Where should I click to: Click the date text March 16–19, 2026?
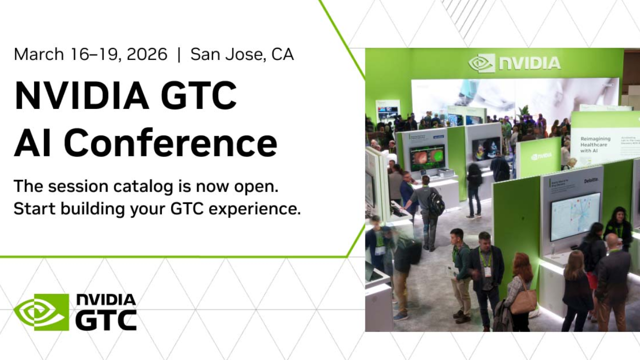tap(90, 54)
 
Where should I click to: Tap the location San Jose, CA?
tap(242, 54)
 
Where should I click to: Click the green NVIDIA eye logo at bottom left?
tap(41, 312)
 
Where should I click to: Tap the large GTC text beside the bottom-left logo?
tap(106, 320)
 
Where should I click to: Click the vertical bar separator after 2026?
tap(179, 54)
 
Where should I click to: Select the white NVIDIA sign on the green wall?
tap(514, 63)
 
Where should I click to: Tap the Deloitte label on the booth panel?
tap(590, 179)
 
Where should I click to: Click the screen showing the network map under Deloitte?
tap(575, 216)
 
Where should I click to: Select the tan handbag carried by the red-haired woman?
tap(523, 301)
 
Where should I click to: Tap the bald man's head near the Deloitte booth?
tap(612, 241)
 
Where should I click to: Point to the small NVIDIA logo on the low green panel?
tap(541, 156)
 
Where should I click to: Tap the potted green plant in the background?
tap(523, 111)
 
